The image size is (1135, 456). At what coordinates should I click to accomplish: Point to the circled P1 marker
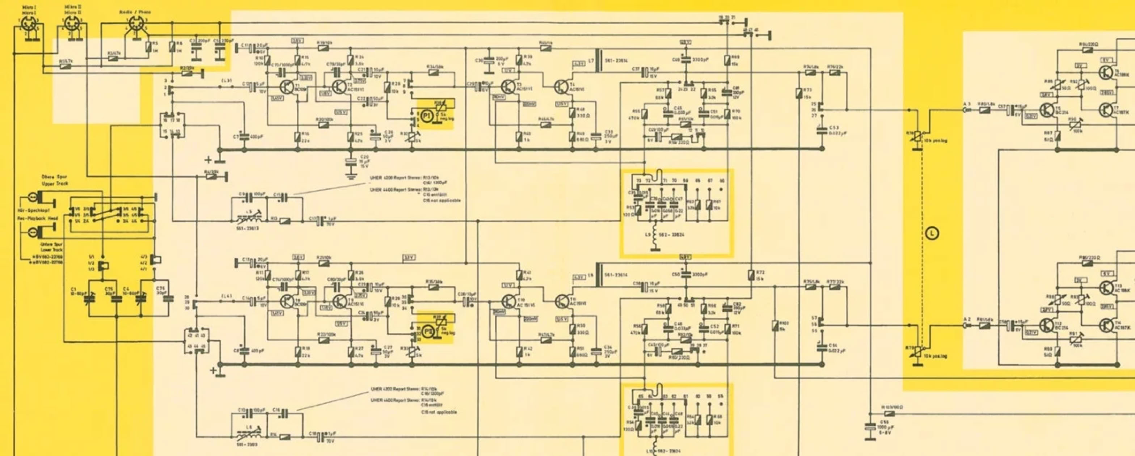426,116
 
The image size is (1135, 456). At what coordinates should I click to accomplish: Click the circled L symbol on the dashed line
932,233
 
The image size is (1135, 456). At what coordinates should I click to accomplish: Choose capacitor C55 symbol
870,427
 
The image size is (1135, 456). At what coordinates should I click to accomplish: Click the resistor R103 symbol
890,414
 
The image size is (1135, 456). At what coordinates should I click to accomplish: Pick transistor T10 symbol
509,302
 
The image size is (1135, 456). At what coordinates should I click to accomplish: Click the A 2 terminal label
963,319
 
